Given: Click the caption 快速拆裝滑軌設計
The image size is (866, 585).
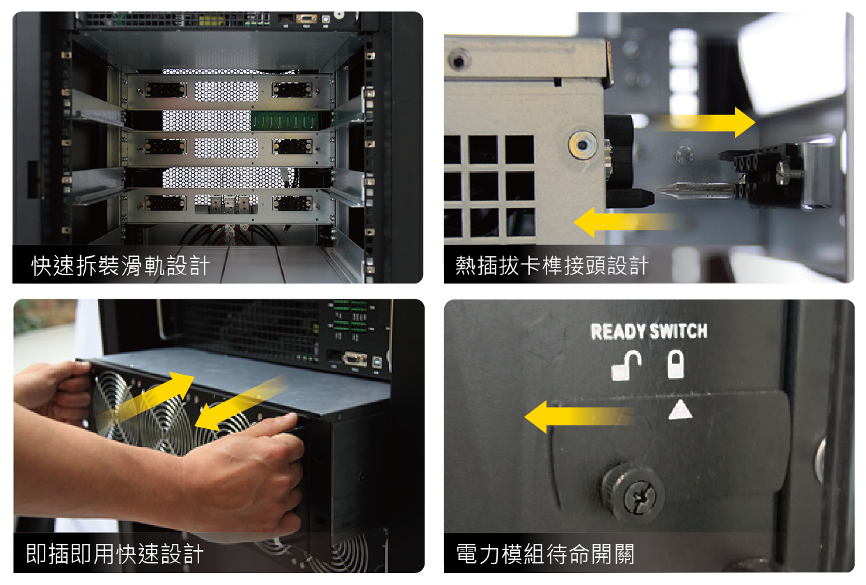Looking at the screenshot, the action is (120, 266).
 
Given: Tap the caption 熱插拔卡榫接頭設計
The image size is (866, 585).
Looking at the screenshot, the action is (552, 266).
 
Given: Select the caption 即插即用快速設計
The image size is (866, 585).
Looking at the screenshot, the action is (115, 554).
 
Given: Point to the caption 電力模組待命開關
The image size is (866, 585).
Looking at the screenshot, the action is (545, 554).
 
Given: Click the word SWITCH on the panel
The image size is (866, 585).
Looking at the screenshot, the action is (679, 331).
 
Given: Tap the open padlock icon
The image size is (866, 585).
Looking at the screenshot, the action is (627, 366).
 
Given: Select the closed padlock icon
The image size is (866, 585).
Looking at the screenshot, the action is (675, 364).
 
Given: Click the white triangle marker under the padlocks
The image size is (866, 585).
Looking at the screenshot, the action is (680, 409).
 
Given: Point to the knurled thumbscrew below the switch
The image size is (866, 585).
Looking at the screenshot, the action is (633, 493).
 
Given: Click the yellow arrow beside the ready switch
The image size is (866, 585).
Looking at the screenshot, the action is (580, 416).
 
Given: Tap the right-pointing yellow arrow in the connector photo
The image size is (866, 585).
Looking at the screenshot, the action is (706, 122).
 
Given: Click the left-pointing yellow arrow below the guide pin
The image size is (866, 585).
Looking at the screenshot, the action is (624, 222).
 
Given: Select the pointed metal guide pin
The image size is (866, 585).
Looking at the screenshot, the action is (696, 190).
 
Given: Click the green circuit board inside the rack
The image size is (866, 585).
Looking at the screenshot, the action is (285, 120).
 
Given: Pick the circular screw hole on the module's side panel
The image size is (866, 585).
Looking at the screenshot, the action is (582, 146).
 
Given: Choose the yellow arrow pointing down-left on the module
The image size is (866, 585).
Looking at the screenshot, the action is (242, 402).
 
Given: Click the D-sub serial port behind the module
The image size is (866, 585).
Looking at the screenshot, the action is (354, 359).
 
